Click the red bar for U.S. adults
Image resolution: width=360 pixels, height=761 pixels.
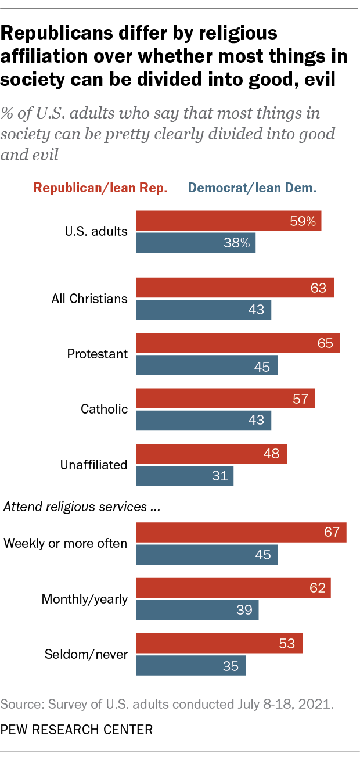click(x=228, y=221)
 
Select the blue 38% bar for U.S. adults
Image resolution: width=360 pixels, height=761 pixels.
click(x=196, y=243)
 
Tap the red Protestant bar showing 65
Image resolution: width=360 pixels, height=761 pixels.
click(x=238, y=343)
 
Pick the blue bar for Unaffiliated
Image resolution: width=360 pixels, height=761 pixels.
click(x=185, y=476)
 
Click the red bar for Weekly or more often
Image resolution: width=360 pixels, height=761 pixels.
click(x=241, y=532)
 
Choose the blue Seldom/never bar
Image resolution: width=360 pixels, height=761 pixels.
click(x=191, y=666)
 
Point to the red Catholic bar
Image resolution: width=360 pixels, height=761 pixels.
click(x=225, y=398)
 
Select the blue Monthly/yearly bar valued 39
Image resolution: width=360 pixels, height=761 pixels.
click(x=197, y=610)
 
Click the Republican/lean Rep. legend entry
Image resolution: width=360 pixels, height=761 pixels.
click(x=100, y=188)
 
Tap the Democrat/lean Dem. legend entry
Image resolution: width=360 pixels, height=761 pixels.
click(x=251, y=188)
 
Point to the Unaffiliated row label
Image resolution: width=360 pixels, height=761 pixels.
click(x=93, y=465)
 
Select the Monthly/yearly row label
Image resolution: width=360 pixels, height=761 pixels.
click(x=85, y=598)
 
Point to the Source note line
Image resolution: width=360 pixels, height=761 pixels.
click(x=168, y=705)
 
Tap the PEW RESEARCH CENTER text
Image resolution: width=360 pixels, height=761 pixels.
click(x=77, y=729)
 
